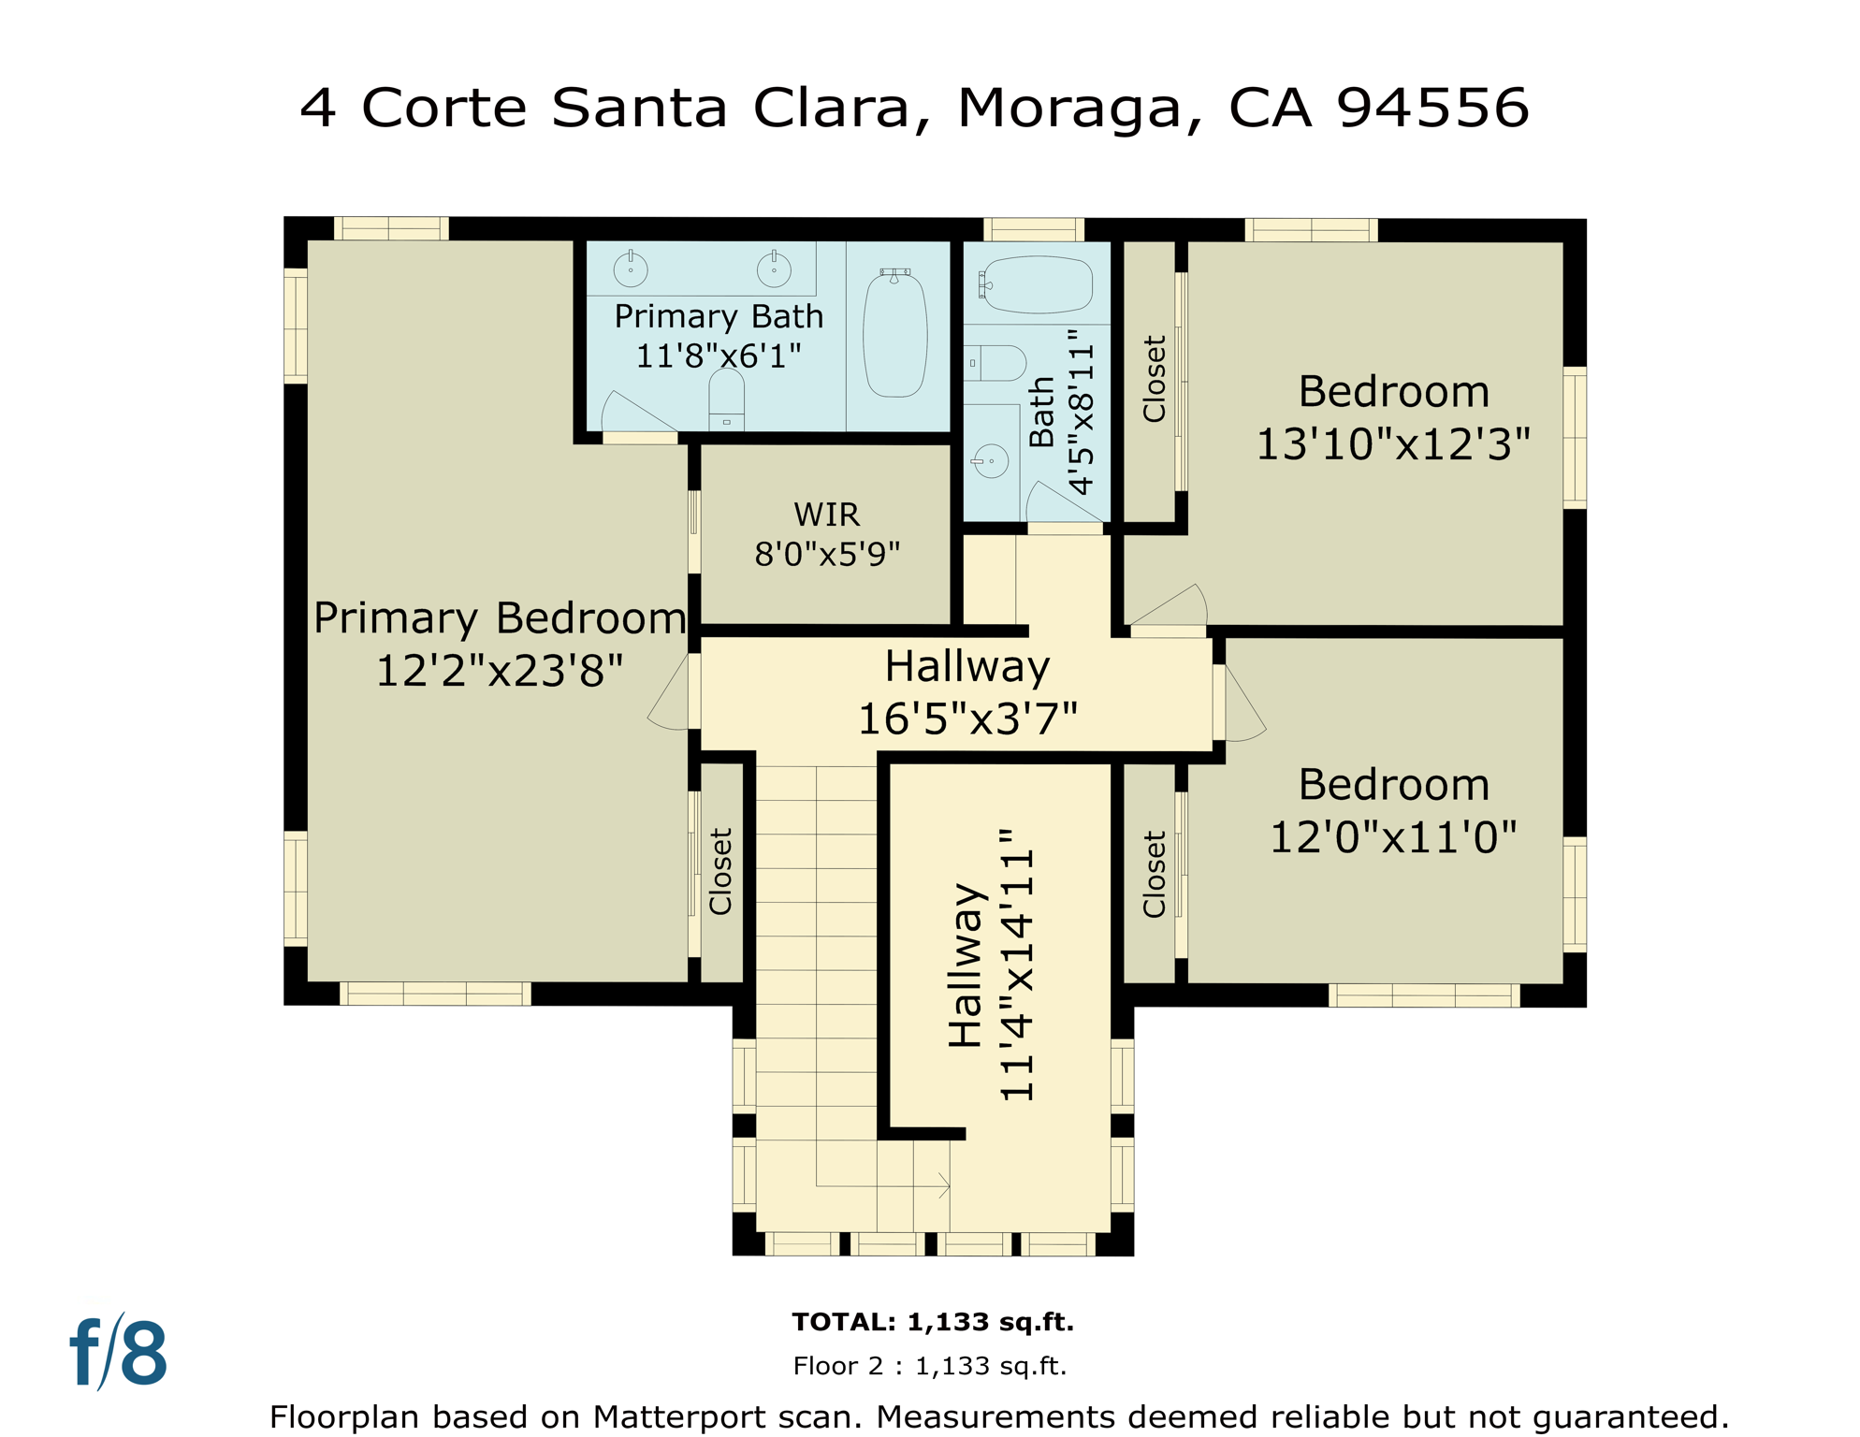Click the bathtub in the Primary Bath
895,333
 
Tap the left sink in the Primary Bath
631,269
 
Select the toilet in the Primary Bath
726,398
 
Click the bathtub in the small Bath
1037,284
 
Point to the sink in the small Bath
991,461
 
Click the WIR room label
826,515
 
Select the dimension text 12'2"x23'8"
499,671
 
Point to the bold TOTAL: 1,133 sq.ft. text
933,1322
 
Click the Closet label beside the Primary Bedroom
720,871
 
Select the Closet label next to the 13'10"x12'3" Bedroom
1155,379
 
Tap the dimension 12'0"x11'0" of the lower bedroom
1392,836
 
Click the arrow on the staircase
943,1186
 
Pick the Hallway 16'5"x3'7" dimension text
967,718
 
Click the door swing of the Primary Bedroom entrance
670,697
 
